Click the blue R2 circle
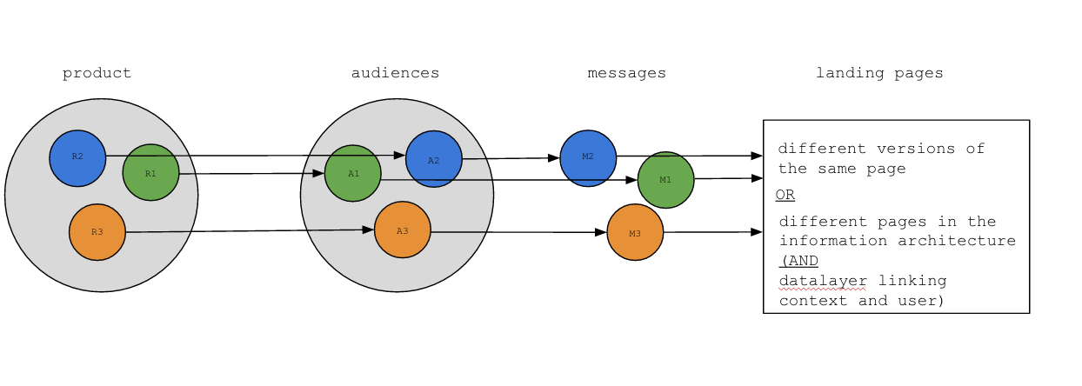[77, 157]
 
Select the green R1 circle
[150, 172]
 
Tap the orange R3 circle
[97, 232]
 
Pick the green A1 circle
[353, 173]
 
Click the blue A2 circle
[434, 159]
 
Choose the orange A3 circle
[403, 230]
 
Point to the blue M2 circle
[588, 158]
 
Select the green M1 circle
[665, 180]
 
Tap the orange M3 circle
[635, 232]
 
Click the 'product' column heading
[97, 73]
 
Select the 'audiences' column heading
[395, 73]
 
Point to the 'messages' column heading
[626, 73]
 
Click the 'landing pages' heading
[879, 73]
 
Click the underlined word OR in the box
[785, 194]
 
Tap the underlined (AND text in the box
[799, 260]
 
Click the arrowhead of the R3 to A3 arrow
[369, 230]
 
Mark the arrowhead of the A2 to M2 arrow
[554, 158]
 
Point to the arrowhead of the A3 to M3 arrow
[601, 232]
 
